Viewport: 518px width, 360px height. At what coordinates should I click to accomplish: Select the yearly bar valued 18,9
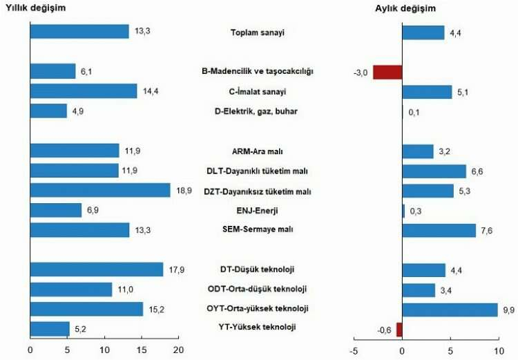click(100, 190)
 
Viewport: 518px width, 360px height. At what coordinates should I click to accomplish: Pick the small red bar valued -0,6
click(399, 329)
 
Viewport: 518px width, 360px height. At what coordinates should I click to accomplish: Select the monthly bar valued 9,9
click(450, 309)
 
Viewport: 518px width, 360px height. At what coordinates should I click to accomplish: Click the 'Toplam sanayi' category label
click(258, 32)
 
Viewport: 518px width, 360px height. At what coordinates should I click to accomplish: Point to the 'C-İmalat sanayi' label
click(258, 91)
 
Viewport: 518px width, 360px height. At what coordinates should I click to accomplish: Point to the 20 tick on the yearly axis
click(178, 350)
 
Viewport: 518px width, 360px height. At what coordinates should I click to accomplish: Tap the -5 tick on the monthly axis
click(353, 350)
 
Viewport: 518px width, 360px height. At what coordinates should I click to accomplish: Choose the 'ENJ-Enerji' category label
click(258, 209)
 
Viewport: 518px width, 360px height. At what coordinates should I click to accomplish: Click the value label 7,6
click(486, 230)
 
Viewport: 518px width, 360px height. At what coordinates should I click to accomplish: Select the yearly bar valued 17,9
click(97, 269)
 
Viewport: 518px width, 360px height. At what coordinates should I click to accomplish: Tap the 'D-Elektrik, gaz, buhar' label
click(258, 111)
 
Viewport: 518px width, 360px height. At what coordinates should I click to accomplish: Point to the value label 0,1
click(414, 112)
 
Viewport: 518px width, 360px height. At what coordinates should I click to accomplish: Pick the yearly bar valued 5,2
click(50, 329)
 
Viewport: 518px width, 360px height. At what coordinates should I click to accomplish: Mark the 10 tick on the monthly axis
click(498, 350)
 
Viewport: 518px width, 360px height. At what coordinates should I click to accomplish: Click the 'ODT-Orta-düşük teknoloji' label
click(258, 289)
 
